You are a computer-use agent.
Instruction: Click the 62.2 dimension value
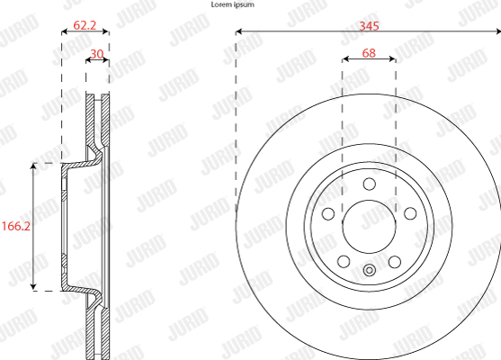coord(85,25)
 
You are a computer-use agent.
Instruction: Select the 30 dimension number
coord(97,54)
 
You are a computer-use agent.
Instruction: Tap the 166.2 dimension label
coord(16,227)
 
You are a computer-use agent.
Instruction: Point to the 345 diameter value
coord(369,26)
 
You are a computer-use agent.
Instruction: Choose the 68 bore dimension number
coord(369,53)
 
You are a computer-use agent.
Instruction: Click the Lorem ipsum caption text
coord(233,4)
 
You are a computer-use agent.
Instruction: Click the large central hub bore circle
coord(369,227)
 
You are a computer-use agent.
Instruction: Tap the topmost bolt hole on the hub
coord(370,184)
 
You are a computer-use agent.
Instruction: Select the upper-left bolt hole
coord(328,214)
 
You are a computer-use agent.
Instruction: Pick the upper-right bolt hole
coord(410,213)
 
